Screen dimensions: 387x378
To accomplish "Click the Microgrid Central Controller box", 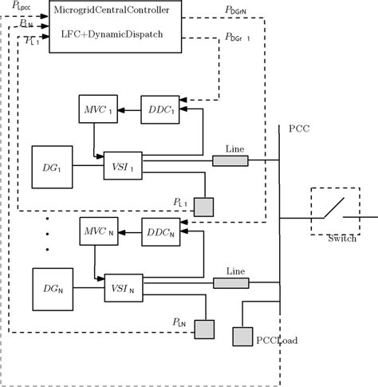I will [115, 27].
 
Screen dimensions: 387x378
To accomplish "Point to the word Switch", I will [341, 239].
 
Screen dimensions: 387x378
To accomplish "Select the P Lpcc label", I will [22, 8].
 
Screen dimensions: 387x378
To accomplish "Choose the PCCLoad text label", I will [277, 340].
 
